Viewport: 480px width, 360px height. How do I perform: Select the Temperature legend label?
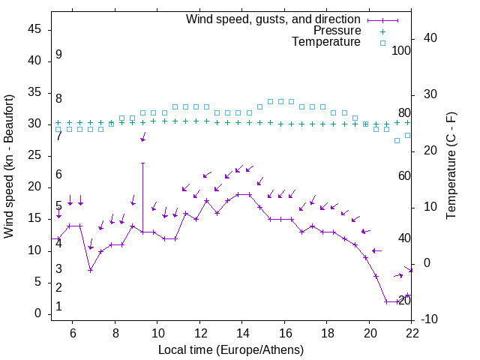[326, 42]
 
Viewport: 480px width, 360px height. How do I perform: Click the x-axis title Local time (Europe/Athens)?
[231, 349]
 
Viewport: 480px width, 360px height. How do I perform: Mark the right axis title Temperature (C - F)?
[451, 166]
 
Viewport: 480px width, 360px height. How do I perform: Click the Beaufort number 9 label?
[58, 55]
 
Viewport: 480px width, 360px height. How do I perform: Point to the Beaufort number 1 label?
[58, 307]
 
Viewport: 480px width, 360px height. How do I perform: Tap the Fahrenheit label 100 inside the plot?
[402, 50]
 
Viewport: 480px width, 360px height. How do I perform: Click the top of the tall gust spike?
[142, 163]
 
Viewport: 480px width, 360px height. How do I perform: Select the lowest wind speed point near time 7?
[90, 270]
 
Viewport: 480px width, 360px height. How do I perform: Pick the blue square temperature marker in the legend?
[382, 43]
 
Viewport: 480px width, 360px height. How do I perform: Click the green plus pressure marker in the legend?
[382, 31]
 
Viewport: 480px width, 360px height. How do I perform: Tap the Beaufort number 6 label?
[58, 175]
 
